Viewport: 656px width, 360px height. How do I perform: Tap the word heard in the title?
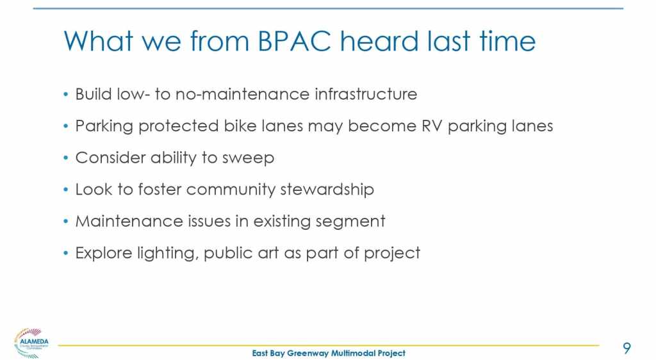pos(379,41)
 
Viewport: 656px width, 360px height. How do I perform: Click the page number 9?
pos(627,348)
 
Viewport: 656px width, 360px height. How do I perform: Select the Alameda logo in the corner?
pos(31,343)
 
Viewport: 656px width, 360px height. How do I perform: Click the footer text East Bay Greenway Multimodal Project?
pos(329,354)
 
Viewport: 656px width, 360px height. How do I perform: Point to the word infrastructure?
pos(366,94)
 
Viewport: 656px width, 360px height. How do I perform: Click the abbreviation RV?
pos(432,126)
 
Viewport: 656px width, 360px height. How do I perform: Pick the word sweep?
pos(248,158)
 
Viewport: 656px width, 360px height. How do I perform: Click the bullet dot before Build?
pos(66,94)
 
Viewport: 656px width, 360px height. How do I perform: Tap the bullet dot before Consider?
pos(66,158)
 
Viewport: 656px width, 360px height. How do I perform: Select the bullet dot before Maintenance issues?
pos(66,221)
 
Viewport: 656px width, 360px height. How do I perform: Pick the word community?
pos(231,190)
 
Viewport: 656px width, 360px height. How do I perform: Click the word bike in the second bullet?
pos(240,126)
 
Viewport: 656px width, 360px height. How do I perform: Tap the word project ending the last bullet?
pos(392,254)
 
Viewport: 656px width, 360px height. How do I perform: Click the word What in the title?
pos(99,41)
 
